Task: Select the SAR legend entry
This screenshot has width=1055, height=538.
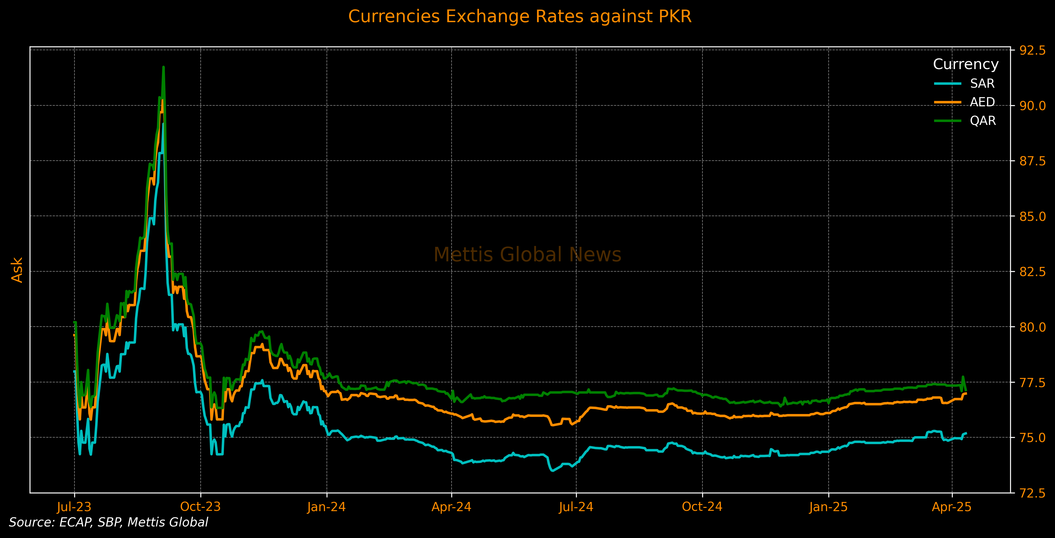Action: (982, 84)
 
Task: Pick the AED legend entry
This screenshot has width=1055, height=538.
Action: (982, 102)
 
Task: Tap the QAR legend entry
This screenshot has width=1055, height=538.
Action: (983, 121)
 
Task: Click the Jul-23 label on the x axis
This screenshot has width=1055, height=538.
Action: (74, 507)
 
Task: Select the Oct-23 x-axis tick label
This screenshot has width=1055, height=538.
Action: (200, 507)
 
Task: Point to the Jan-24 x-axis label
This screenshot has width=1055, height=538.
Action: (327, 507)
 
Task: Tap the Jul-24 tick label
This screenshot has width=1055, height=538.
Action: (576, 507)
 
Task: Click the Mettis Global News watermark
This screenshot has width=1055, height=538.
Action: (527, 255)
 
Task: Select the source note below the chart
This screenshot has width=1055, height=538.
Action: (108, 522)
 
